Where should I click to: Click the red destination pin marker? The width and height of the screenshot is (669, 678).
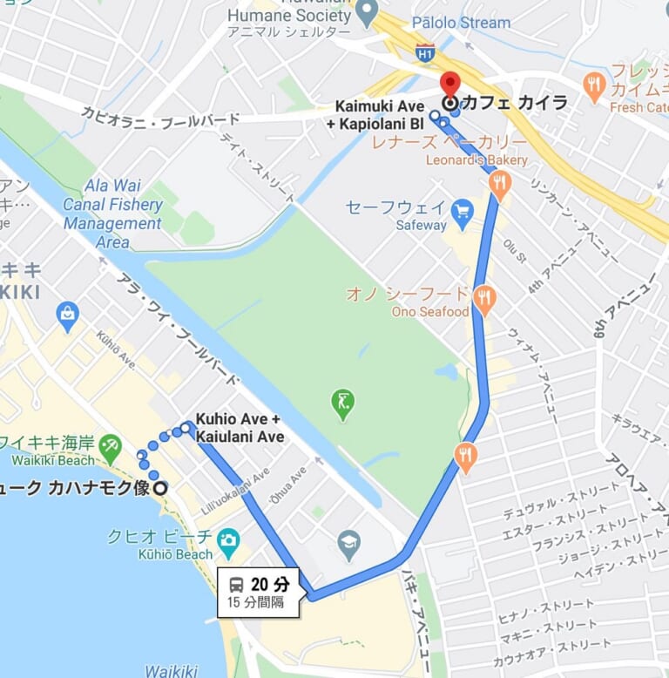pyautogui.click(x=449, y=85)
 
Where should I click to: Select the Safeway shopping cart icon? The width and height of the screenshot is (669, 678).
pyautogui.click(x=462, y=210)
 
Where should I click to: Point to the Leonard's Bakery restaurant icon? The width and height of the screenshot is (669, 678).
pyautogui.click(x=499, y=182)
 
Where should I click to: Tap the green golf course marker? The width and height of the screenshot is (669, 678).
pyautogui.click(x=343, y=403)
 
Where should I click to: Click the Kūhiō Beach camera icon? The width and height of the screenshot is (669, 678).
pyautogui.click(x=228, y=539)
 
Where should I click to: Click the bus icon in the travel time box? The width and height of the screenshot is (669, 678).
pyautogui.click(x=236, y=584)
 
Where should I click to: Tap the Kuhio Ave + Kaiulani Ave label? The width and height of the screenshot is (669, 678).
pyautogui.click(x=240, y=427)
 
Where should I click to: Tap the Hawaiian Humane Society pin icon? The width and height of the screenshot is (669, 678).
pyautogui.click(x=367, y=12)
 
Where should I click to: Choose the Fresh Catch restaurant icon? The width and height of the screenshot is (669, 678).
pyautogui.click(x=595, y=85)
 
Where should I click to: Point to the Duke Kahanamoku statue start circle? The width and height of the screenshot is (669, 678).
pyautogui.click(x=160, y=488)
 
